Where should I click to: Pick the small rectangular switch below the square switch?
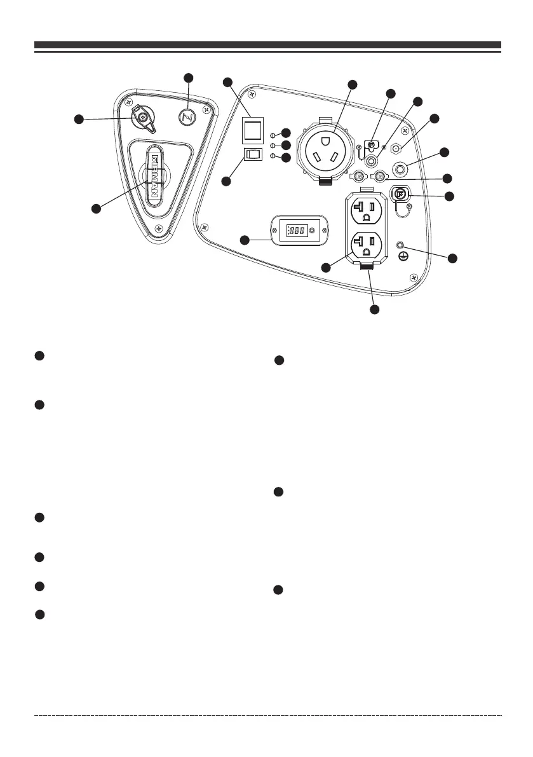click(253, 154)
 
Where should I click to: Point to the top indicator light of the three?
click(274, 135)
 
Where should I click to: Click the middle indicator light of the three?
click(274, 145)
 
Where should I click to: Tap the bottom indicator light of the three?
click(274, 156)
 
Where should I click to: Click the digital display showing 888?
click(297, 229)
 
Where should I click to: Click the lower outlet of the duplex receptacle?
click(365, 244)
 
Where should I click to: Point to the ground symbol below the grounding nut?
click(401, 256)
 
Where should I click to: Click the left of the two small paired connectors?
click(359, 175)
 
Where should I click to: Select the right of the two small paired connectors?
click(380, 175)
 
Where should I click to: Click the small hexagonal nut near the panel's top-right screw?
click(396, 148)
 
